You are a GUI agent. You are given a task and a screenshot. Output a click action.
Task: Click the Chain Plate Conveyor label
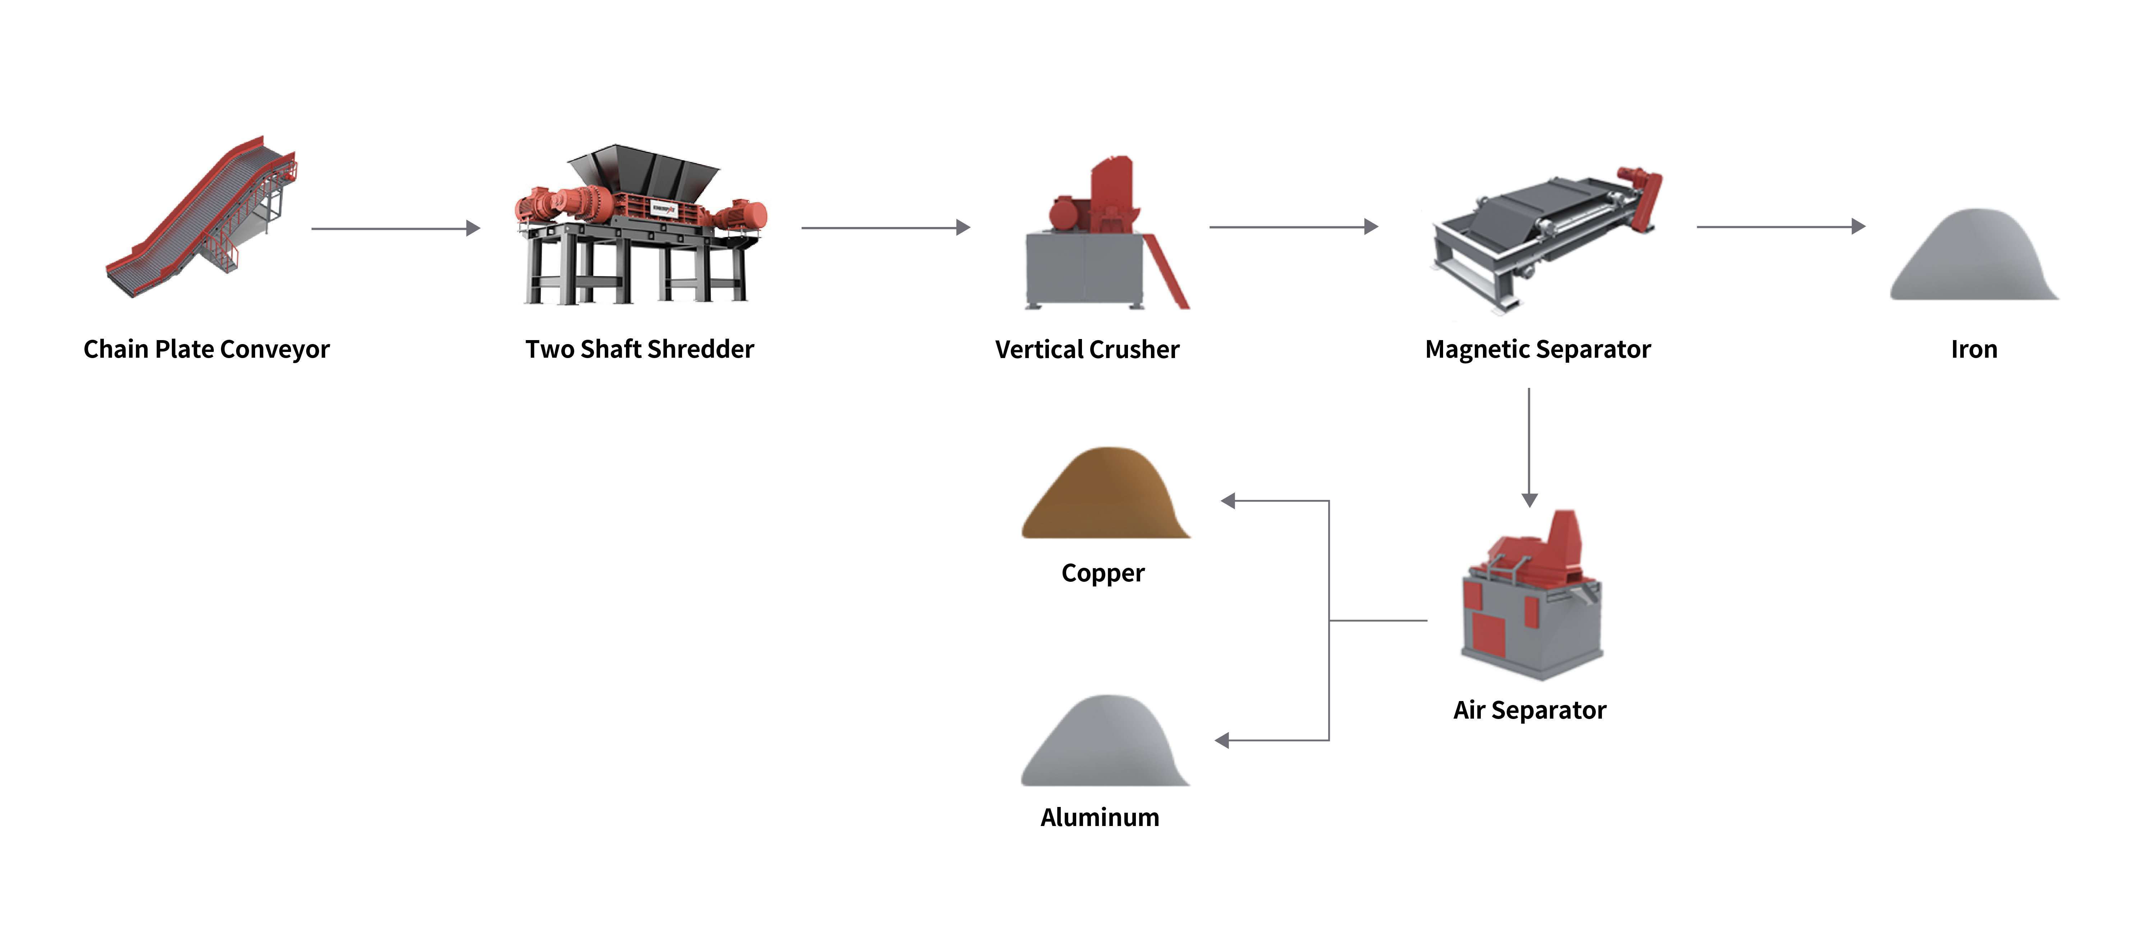coord(207,349)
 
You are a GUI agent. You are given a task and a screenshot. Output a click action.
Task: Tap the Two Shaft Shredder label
coord(640,349)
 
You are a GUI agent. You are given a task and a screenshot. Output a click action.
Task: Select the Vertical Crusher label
coord(1087,349)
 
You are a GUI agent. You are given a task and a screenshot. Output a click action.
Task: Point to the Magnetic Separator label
coord(1538,349)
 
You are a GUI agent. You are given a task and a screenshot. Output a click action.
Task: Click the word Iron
coord(1973,349)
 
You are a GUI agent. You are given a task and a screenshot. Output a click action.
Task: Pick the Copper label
coord(1102,573)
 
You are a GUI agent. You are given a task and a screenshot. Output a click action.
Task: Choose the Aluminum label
coord(1100,817)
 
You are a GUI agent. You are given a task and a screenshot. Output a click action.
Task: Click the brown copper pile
coord(1105,498)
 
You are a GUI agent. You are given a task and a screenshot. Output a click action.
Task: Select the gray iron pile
coord(1973,259)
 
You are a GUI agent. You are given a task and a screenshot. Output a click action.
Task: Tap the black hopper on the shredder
coord(643,172)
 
